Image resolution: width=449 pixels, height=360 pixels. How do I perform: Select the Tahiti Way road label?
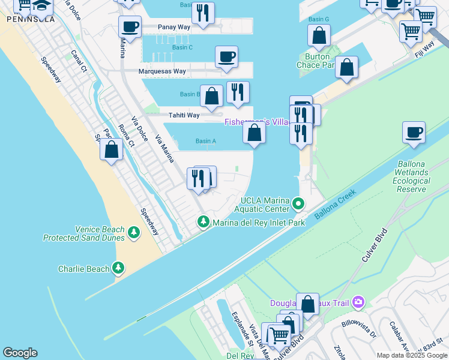(183, 115)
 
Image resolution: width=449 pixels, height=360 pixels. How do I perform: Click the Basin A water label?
(205, 142)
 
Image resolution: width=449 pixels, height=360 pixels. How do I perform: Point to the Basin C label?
(182, 47)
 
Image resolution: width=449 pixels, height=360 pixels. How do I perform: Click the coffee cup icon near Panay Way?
(130, 26)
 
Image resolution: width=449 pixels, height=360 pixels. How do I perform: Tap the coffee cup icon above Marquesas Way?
(226, 57)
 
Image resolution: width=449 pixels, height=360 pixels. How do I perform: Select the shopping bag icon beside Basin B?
(211, 95)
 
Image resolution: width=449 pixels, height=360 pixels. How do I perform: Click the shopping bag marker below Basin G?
(319, 35)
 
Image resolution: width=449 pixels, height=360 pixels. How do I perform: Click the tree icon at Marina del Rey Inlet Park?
(203, 223)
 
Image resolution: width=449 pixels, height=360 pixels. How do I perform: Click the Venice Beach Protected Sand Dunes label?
(83, 233)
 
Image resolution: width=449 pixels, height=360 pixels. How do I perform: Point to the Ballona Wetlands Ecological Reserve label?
(413, 176)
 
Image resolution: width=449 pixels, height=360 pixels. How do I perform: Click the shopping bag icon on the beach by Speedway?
(112, 149)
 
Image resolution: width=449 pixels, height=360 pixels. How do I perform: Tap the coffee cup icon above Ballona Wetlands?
(413, 133)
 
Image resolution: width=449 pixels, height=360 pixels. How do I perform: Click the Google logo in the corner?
(20, 353)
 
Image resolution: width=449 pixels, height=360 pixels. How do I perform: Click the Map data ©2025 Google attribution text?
(412, 355)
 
